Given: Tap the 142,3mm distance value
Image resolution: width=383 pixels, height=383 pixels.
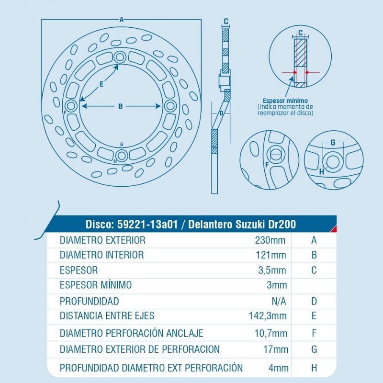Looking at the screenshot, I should [268, 316].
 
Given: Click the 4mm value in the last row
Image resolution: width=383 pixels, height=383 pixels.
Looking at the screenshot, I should [278, 368].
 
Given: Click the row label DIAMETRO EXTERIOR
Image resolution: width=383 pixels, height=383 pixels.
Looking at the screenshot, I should [102, 240].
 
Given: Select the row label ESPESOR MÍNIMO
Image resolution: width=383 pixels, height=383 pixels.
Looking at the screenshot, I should [96, 285].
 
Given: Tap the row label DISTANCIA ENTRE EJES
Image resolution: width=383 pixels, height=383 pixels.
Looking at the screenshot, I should [107, 316].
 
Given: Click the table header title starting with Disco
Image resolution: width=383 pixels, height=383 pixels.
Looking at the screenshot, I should [190, 224].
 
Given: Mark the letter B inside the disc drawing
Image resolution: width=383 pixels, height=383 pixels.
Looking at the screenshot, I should [121, 106].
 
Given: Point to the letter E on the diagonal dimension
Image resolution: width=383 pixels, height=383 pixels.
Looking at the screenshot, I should [101, 84].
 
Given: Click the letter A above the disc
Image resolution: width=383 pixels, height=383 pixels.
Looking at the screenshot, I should [122, 20].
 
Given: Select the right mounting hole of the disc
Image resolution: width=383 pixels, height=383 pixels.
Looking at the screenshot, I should [170, 105].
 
